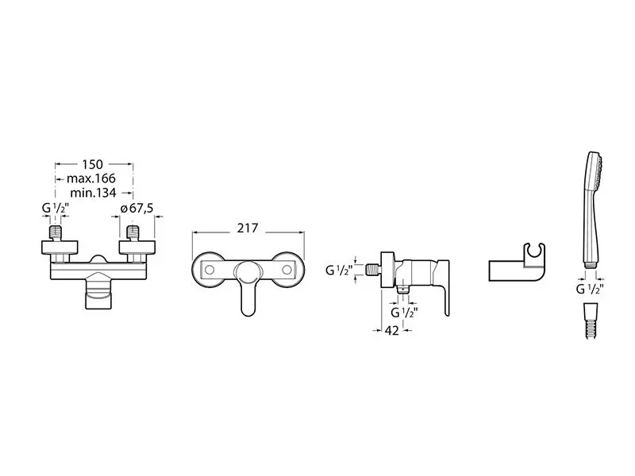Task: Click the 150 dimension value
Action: (x=93, y=164)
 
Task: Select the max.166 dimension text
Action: (x=91, y=178)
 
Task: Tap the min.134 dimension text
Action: (x=93, y=193)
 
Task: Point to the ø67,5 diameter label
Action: (x=137, y=209)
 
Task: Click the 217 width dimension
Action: (x=248, y=228)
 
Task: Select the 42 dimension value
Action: (x=391, y=330)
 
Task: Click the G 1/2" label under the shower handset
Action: (x=590, y=289)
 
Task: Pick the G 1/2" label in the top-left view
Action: (x=56, y=209)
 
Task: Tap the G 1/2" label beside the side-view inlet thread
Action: (x=339, y=270)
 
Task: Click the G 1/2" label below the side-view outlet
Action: (x=404, y=313)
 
